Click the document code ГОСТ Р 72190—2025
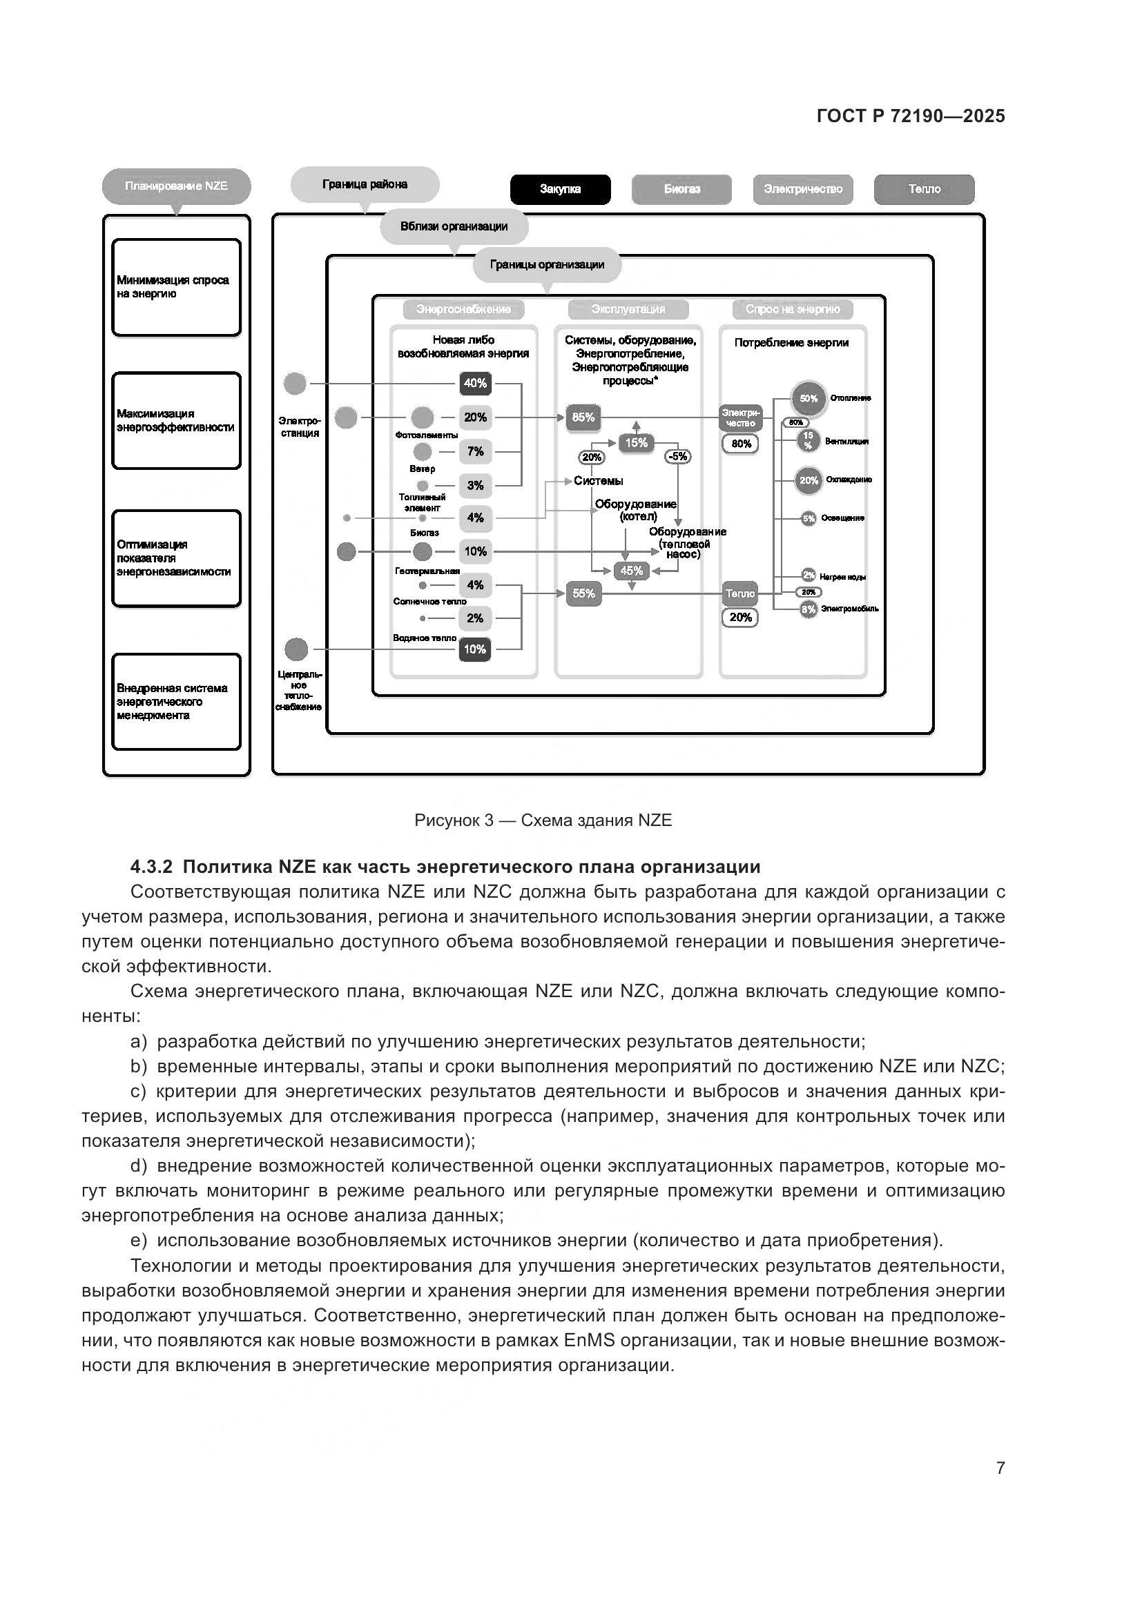(x=911, y=116)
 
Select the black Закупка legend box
(x=561, y=189)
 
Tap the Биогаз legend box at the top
(x=681, y=189)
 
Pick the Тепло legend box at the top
(x=924, y=189)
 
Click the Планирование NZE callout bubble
(x=177, y=186)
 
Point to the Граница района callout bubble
(x=365, y=184)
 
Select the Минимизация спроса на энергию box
(x=177, y=288)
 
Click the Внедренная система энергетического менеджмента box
(x=177, y=702)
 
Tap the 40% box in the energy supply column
(x=475, y=383)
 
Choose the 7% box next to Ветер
(x=475, y=451)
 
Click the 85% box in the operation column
(x=583, y=417)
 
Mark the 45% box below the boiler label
(x=632, y=571)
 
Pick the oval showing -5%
(x=678, y=457)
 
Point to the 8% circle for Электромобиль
(x=808, y=609)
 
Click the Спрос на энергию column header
(x=793, y=309)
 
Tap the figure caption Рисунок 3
(x=543, y=820)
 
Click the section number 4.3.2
(x=152, y=866)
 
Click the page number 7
(x=1000, y=1468)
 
